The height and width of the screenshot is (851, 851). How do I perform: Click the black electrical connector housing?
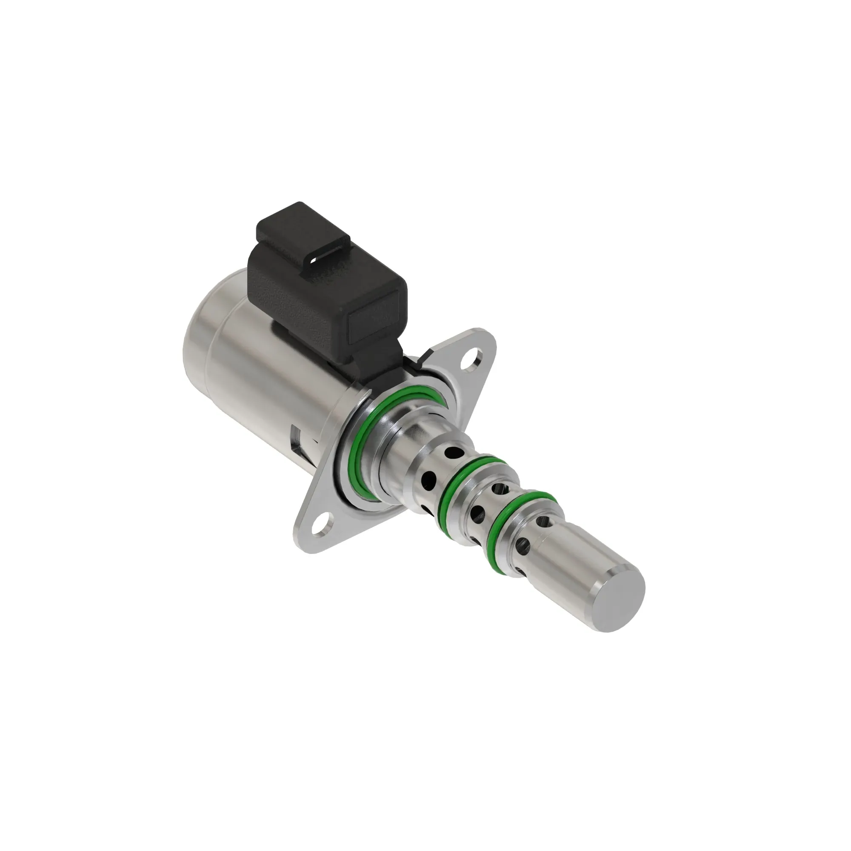326,282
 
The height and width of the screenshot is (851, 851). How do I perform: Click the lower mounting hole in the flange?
321,527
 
